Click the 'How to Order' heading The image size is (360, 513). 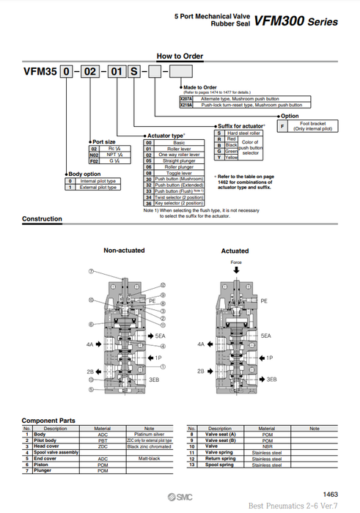click(x=180, y=56)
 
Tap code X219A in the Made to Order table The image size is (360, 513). click(x=186, y=106)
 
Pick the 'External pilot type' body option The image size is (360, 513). click(x=99, y=188)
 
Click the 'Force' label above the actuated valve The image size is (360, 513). click(x=235, y=262)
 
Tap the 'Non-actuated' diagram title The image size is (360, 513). click(x=124, y=251)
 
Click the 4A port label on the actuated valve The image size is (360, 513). click(x=201, y=343)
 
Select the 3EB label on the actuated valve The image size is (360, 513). click(x=271, y=379)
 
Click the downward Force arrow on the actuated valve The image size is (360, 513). click(x=235, y=271)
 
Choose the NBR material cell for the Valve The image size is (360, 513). click(x=267, y=446)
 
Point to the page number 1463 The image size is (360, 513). click(x=331, y=495)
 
